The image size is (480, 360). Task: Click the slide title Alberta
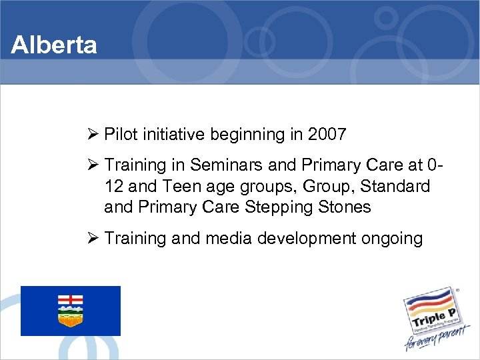click(54, 45)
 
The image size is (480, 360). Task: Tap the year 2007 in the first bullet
click(327, 135)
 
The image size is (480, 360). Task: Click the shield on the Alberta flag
click(70, 311)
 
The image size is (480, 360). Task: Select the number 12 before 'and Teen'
click(115, 186)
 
